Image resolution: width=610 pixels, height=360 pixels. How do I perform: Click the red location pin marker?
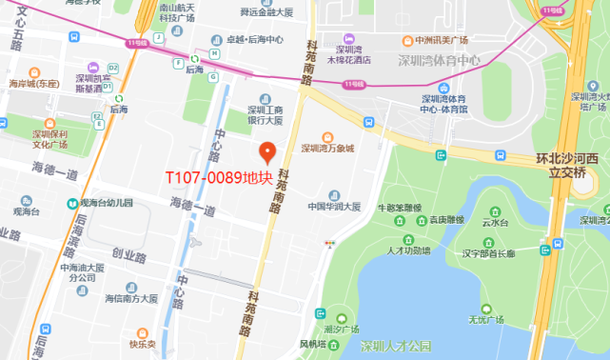pyautogui.click(x=267, y=152)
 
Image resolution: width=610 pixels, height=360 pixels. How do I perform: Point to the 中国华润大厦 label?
pyautogui.click(x=334, y=207)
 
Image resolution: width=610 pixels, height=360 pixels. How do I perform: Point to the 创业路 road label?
pyautogui.click(x=130, y=254)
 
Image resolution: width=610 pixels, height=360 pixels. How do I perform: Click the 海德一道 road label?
pyautogui.click(x=55, y=172)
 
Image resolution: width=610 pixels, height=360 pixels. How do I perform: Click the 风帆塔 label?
pyautogui.click(x=313, y=343)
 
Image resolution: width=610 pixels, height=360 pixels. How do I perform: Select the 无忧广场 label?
pyautogui.click(x=485, y=321)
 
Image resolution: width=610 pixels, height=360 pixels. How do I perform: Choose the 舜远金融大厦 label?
pyautogui.click(x=266, y=12)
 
